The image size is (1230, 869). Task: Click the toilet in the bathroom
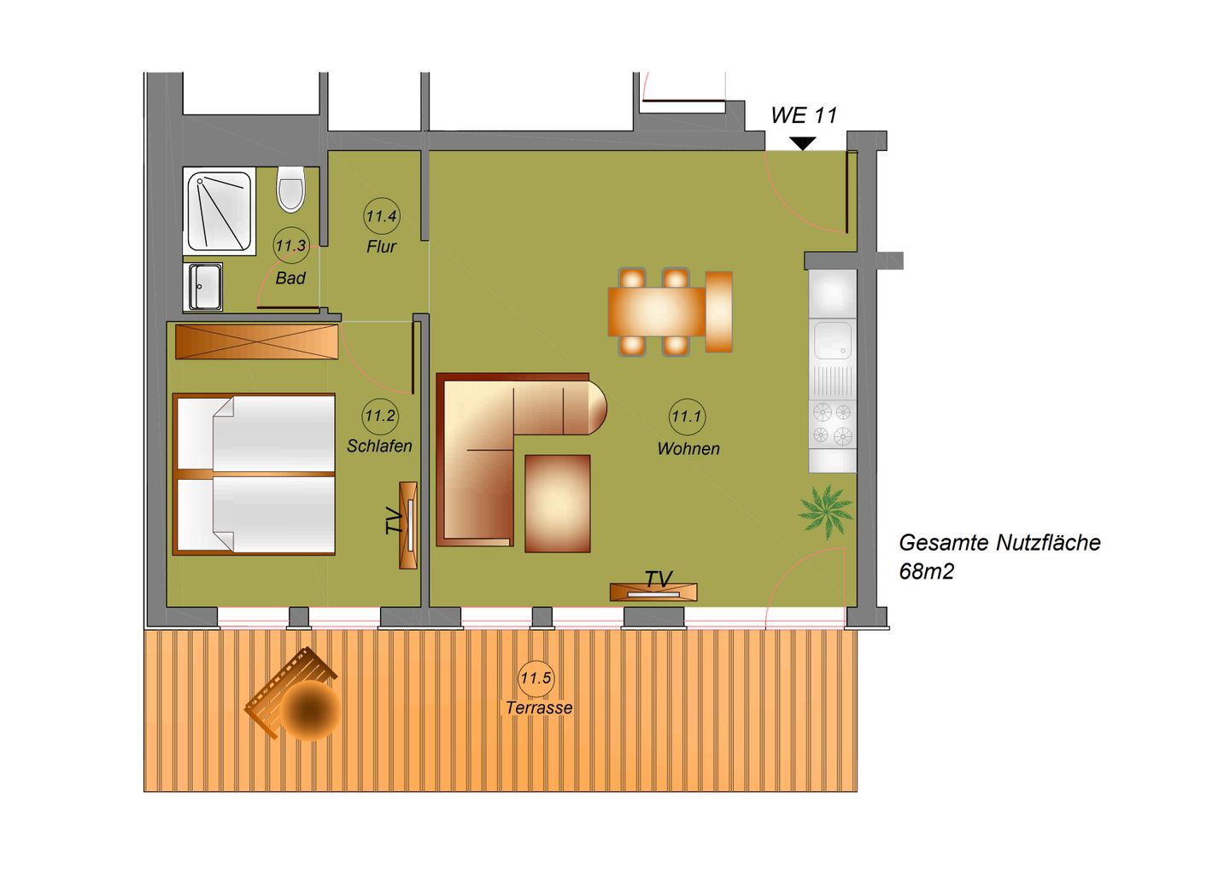point(290,190)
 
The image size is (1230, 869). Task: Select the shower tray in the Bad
point(220,211)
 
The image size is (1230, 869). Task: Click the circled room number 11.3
point(290,246)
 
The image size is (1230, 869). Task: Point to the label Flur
point(381,247)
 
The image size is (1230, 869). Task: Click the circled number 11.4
point(381,216)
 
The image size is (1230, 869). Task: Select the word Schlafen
point(379,446)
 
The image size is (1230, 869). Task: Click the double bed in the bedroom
point(254,474)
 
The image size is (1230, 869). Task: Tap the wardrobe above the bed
point(256,341)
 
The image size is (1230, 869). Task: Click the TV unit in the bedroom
point(408,525)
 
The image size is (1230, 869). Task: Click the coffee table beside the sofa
point(557,504)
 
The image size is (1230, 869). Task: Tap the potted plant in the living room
point(826,510)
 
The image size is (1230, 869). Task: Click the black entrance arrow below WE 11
point(802,143)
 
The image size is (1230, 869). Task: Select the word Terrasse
point(538,708)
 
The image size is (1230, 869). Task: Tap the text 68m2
point(926,572)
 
